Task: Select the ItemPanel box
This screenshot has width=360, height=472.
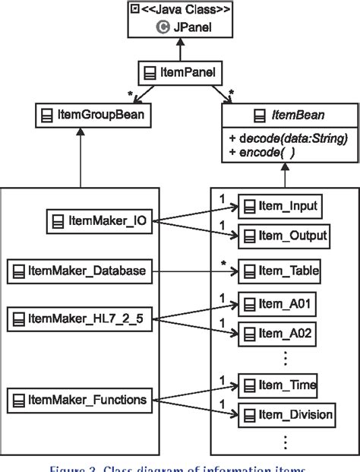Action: tap(178, 74)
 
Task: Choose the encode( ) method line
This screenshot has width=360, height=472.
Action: tap(263, 152)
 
